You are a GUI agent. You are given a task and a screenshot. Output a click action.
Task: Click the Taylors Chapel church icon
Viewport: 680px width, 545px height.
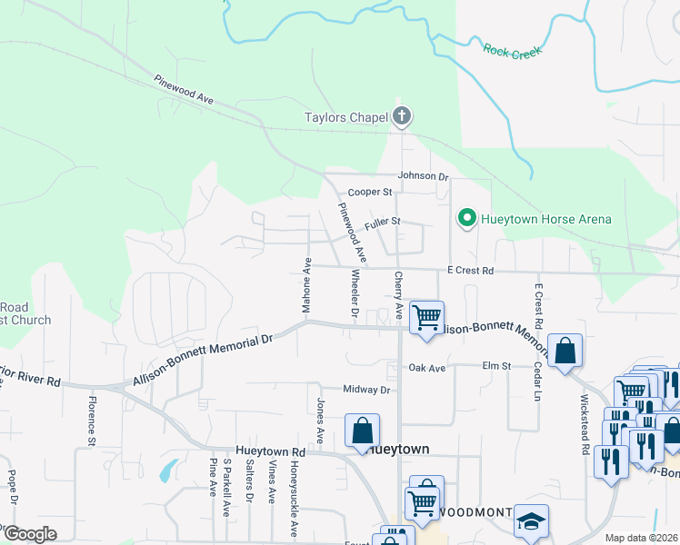tap(402, 116)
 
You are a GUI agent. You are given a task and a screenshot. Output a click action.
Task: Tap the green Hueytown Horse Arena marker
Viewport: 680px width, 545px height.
tap(466, 219)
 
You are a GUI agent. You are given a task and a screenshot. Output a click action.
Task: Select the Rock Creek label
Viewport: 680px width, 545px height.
tap(512, 53)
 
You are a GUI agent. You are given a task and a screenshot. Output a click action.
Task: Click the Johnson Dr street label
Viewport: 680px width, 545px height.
tap(423, 176)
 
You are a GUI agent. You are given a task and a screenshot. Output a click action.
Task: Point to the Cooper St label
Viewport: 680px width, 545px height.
tap(369, 193)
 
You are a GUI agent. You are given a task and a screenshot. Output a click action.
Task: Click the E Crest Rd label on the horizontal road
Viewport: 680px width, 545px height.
tap(469, 271)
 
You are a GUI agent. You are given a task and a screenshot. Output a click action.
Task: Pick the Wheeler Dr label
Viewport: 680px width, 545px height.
tap(355, 294)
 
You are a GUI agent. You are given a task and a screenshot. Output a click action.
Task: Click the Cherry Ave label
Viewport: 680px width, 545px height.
tap(397, 294)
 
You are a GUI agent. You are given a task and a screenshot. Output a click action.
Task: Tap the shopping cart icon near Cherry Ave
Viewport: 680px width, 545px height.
tap(425, 318)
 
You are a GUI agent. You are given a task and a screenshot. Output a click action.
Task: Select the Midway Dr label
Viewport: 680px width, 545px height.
tap(366, 390)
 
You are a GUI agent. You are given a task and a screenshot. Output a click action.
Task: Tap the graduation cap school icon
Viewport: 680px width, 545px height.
tap(531, 521)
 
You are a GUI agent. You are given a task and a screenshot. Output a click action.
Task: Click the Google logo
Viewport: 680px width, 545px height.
tap(30, 534)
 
